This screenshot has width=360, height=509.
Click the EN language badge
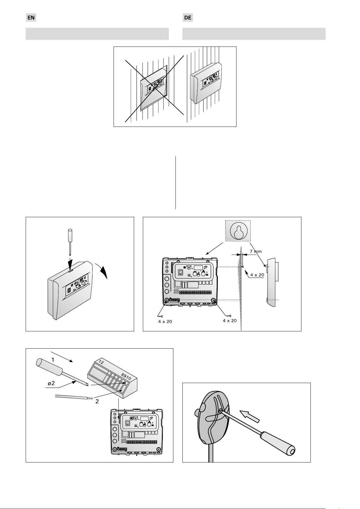pyautogui.click(x=31, y=18)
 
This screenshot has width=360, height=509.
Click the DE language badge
pyautogui.click(x=188, y=18)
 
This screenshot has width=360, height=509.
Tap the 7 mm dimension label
pyautogui.click(x=256, y=251)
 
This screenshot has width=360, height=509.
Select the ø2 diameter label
pyautogui.click(x=51, y=383)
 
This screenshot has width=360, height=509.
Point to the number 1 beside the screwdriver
pyautogui.click(x=53, y=360)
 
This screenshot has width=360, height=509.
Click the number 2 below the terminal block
pyautogui.click(x=97, y=402)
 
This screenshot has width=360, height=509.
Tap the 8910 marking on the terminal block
pyautogui.click(x=126, y=376)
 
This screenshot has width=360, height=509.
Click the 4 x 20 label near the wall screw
pyautogui.click(x=257, y=275)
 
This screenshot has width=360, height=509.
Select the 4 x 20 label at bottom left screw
pyautogui.click(x=165, y=321)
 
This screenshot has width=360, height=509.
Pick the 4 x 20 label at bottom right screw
pyautogui.click(x=230, y=321)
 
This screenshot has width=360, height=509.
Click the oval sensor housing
pyautogui.click(x=211, y=417)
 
